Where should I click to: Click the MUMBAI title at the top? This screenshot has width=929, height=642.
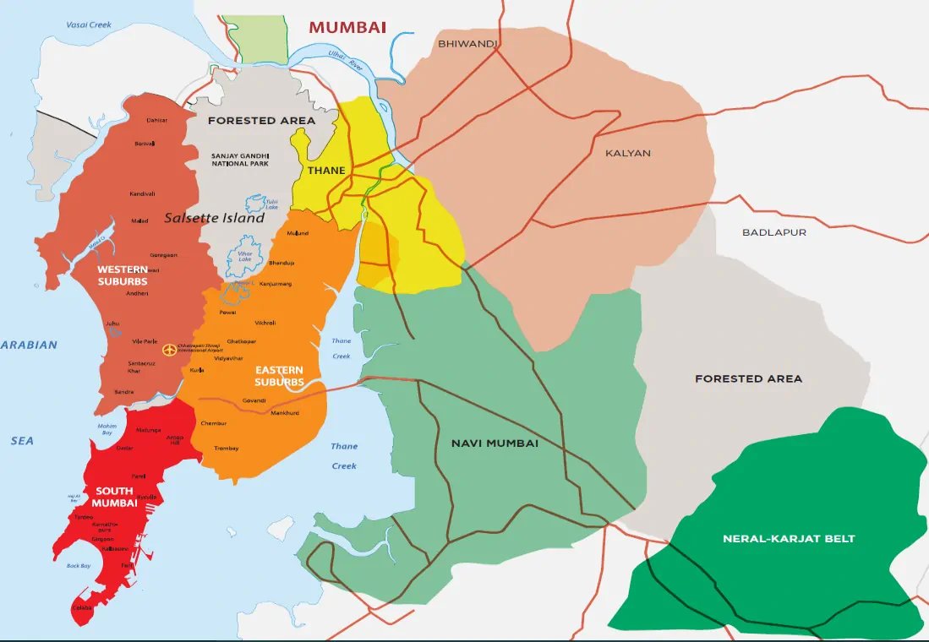(x=347, y=27)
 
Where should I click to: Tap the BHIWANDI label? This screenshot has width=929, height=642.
(x=467, y=43)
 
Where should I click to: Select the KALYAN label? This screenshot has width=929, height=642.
(x=628, y=153)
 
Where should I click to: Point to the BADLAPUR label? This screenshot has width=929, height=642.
(x=773, y=232)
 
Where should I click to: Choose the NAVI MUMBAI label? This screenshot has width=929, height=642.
(x=495, y=443)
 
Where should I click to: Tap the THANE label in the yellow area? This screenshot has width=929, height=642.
(x=326, y=171)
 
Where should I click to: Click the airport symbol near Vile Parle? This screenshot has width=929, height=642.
(x=169, y=349)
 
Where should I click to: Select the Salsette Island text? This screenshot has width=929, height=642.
(x=214, y=218)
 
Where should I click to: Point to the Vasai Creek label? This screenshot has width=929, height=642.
(x=90, y=24)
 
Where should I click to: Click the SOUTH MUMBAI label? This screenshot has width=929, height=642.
(x=116, y=497)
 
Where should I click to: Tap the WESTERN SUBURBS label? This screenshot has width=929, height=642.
(x=122, y=275)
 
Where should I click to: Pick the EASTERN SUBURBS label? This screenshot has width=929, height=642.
(x=279, y=376)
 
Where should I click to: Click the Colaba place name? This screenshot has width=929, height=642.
(x=80, y=607)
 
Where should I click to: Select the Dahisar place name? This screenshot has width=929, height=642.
(x=156, y=121)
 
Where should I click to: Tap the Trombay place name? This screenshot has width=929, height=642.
(x=226, y=449)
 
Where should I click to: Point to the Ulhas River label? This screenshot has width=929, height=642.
(x=346, y=60)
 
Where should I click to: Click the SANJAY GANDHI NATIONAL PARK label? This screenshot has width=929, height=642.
(x=240, y=159)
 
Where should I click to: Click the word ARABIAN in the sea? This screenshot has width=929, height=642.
(x=29, y=345)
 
